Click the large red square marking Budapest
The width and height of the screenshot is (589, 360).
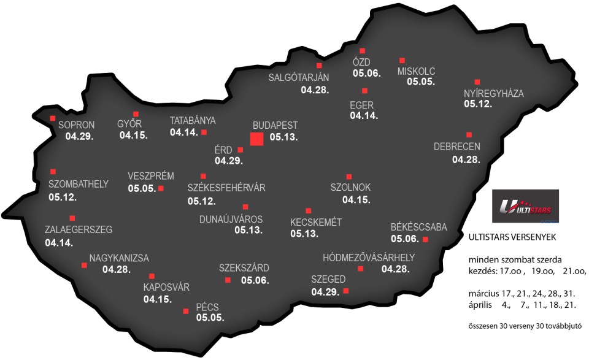[257, 139]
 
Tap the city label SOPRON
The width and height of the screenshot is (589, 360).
[77, 125]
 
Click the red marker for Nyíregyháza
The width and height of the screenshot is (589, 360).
[477, 82]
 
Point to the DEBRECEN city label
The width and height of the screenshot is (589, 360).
[456, 147]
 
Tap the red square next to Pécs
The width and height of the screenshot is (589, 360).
[186, 312]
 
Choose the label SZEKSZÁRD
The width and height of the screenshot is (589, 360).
[244, 267]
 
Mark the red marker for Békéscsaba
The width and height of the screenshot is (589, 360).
[425, 239]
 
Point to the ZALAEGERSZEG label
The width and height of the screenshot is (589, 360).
[79, 230]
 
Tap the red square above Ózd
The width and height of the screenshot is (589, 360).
[362, 51]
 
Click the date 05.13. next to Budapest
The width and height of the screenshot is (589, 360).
[283, 138]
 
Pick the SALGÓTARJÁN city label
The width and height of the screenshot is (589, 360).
[299, 77]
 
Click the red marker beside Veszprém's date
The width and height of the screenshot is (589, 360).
[161, 188]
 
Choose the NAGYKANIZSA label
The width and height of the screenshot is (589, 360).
[119, 258]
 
